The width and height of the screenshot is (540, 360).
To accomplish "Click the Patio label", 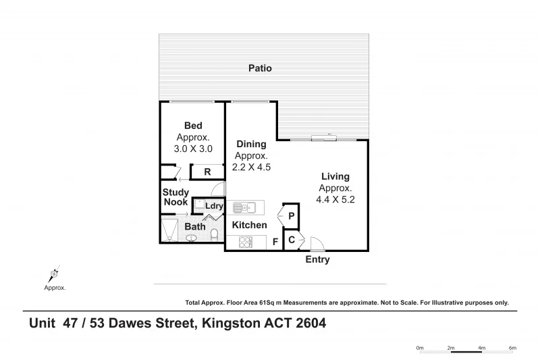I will point(260,68).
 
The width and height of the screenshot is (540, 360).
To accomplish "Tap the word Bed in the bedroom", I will point(193,126).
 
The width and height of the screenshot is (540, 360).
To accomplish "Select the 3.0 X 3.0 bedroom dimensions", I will point(193,149).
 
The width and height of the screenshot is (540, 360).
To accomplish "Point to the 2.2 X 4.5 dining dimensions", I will point(252,167).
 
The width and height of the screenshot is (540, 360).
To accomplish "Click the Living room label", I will point(335,176).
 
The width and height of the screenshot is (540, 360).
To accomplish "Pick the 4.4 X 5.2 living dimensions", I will point(335,200).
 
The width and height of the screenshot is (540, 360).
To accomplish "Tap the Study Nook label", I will point(175,197).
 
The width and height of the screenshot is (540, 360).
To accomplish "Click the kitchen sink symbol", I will point(242,207).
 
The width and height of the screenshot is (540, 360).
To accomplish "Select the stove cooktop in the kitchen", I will point(243,242).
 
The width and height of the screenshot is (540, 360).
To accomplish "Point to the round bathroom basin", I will point(192,238).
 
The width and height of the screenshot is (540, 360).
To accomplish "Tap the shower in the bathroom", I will point(169,230).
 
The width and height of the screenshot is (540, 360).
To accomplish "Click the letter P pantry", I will point(292,216).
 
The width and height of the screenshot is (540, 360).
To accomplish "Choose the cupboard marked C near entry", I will point(292,240).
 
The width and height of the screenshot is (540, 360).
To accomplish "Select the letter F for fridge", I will point(275,242).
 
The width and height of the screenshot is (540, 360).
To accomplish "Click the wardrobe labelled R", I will point(207,172).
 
